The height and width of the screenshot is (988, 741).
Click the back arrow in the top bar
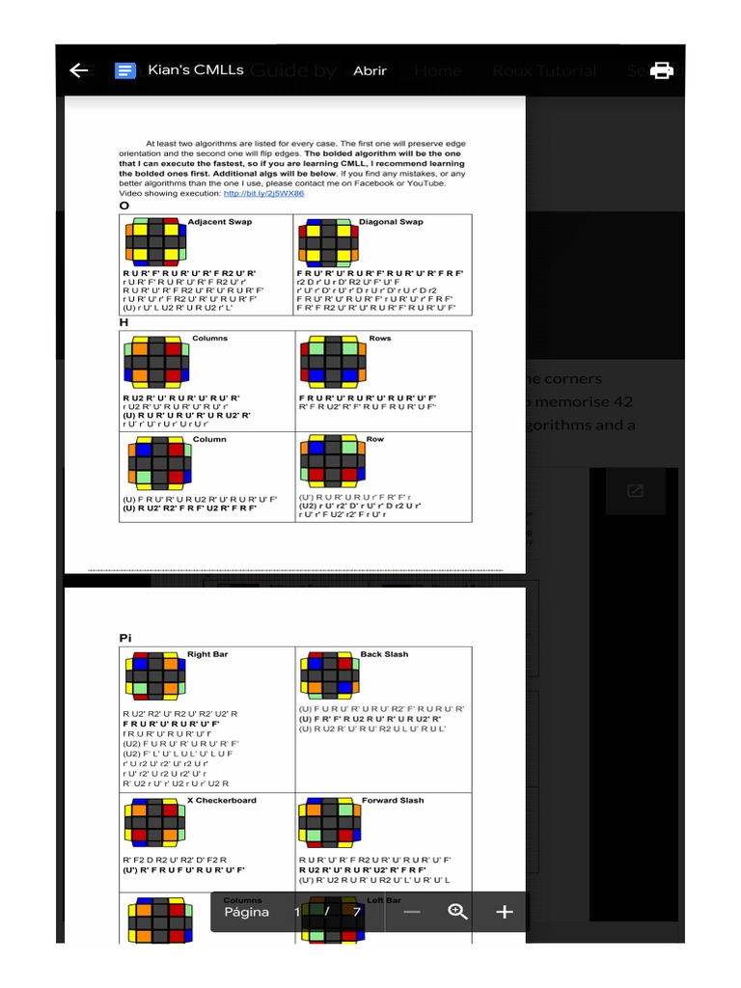click(x=79, y=70)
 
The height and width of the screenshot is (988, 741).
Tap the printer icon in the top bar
click(x=661, y=70)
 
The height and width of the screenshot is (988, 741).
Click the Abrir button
click(x=370, y=70)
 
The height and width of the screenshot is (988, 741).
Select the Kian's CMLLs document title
click(x=196, y=70)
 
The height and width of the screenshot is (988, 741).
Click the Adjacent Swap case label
click(x=220, y=222)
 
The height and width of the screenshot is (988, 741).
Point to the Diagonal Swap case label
click(x=391, y=222)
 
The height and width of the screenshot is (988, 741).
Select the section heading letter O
click(x=123, y=206)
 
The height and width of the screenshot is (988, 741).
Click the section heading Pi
click(x=125, y=638)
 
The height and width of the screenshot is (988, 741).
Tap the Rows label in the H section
click(x=380, y=339)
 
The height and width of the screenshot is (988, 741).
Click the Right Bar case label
click(x=206, y=654)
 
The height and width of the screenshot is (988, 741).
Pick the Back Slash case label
click(x=384, y=654)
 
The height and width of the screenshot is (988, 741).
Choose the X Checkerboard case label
click(x=221, y=800)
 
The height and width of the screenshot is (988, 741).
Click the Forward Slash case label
click(x=393, y=800)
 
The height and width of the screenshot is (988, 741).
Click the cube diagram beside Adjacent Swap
click(x=154, y=243)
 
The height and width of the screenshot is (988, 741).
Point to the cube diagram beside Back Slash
click(x=329, y=675)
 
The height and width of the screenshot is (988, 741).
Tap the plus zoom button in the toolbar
click(x=504, y=912)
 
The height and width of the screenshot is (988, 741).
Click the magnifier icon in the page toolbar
click(x=458, y=912)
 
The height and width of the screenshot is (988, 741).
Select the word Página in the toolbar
click(x=247, y=912)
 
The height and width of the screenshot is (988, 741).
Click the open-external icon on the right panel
click(x=635, y=491)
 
